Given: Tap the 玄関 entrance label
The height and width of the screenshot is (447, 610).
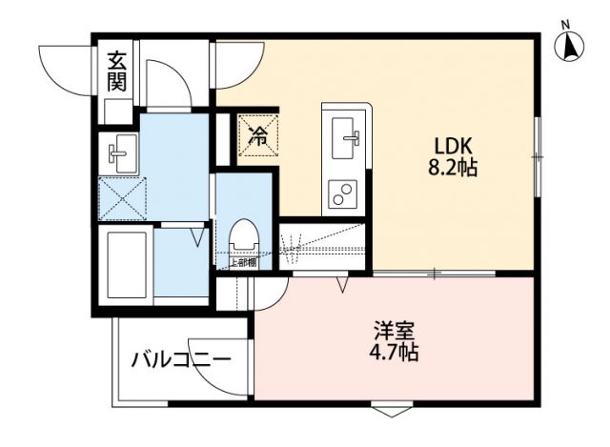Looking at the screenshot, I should (116, 71).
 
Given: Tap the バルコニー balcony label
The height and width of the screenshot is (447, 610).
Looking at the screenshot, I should (181, 361).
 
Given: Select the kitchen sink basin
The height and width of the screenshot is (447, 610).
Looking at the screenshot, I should (343, 132).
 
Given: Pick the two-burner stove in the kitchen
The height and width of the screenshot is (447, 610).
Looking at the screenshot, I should (342, 194).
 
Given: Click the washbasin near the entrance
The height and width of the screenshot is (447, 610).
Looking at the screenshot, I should (120, 150).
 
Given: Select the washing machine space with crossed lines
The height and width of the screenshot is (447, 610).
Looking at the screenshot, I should (120, 197).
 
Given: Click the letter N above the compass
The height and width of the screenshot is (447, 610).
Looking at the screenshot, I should (565, 23).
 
